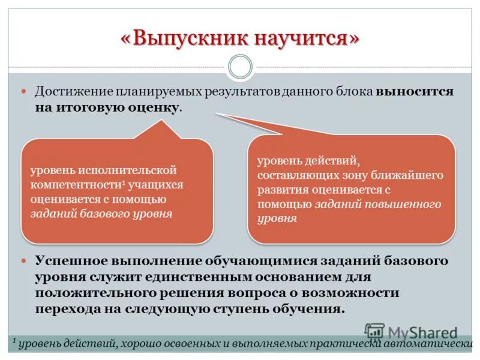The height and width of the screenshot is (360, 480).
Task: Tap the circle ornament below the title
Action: tap(240, 67)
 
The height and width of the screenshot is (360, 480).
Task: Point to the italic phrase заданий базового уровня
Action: tap(102, 213)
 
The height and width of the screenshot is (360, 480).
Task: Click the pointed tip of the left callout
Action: tap(162, 121)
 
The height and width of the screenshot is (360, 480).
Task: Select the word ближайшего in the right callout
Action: tap(413, 176)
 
